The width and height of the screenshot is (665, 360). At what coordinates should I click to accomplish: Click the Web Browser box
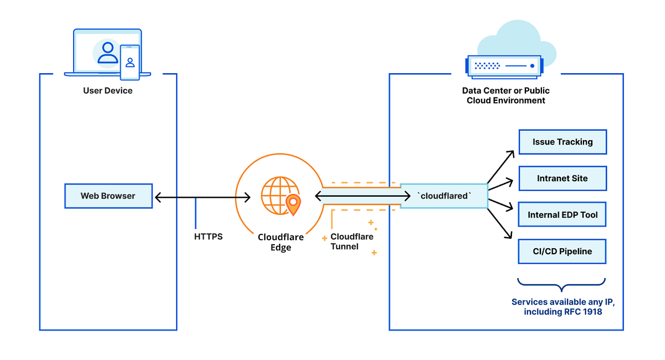tap(108, 196)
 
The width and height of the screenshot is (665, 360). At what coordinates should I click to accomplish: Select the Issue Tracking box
tap(562, 142)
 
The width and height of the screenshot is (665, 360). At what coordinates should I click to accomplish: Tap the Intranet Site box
tap(562, 178)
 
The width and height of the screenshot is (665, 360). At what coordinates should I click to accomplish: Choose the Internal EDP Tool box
tap(562, 215)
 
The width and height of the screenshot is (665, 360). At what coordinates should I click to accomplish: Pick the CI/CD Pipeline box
tap(562, 251)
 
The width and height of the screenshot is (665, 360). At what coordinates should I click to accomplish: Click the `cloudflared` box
tap(443, 196)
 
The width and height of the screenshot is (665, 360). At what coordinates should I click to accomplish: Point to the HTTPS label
tap(208, 236)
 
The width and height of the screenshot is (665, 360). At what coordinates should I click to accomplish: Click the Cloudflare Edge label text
tap(280, 243)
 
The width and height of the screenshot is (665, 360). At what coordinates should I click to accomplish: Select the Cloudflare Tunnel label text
tap(351, 241)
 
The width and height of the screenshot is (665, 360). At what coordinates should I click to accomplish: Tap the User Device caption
tap(108, 90)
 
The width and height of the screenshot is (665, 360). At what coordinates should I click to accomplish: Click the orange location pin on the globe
tap(293, 204)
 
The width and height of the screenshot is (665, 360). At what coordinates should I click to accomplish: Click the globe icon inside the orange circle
tap(277, 195)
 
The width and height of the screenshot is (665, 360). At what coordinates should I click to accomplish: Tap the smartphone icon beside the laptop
tap(130, 63)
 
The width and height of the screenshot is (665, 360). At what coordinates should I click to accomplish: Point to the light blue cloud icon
tap(518, 39)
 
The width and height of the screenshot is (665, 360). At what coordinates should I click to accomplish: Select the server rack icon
tap(503, 65)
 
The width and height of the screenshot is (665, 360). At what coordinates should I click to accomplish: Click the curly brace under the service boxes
tap(562, 285)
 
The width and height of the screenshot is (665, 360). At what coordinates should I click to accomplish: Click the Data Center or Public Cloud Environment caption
tap(505, 95)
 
